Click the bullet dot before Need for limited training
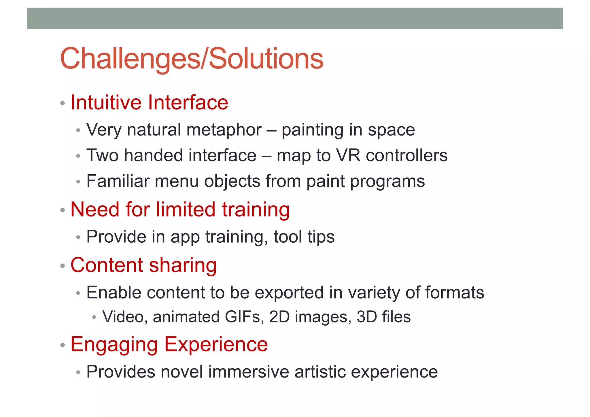click(63, 210)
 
